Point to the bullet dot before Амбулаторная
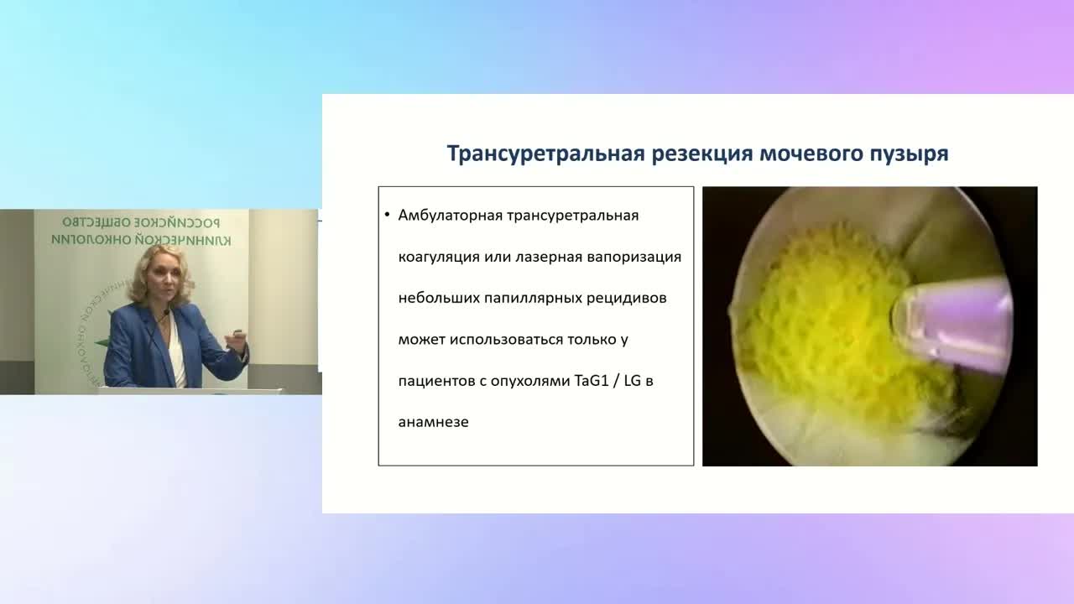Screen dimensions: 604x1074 click(x=387, y=216)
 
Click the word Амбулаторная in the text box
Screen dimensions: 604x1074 click(x=450, y=216)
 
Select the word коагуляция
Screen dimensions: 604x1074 click(x=439, y=257)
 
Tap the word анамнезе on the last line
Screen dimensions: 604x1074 click(x=433, y=422)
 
